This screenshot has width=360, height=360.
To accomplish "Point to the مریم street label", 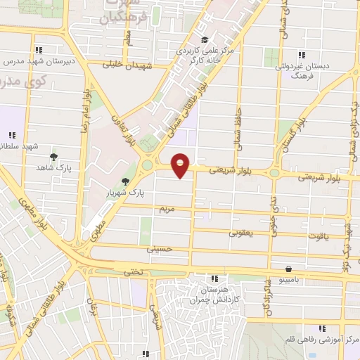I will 166,210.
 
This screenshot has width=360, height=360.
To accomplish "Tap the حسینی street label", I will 159,249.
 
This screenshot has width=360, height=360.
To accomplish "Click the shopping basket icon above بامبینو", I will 289,269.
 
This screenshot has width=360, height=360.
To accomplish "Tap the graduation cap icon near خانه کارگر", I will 204,39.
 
